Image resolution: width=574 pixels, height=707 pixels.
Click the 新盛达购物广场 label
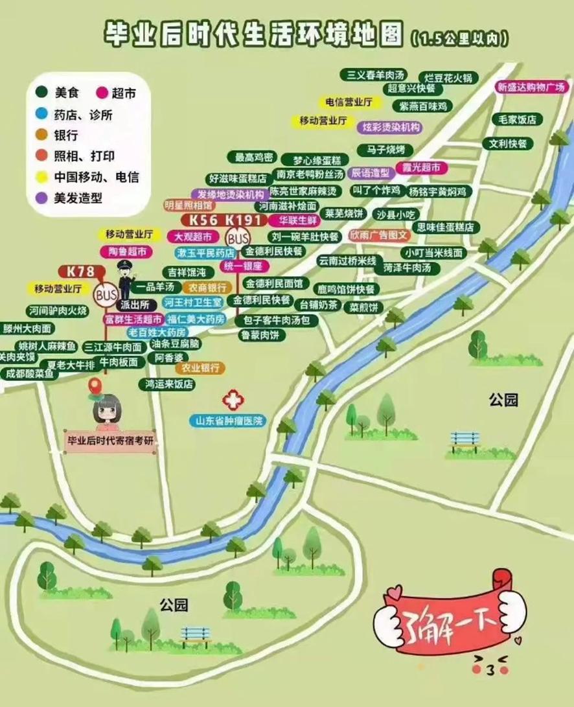point(531,87)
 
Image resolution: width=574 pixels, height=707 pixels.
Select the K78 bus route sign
point(76,271)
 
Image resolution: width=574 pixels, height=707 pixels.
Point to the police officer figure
point(124,278)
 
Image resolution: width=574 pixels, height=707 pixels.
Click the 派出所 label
point(135,303)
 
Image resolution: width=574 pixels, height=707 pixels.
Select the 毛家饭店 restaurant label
point(517,119)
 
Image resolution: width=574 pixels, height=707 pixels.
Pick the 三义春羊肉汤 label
point(376,75)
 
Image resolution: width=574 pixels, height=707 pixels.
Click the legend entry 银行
point(66,135)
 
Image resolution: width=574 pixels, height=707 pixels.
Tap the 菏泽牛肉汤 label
point(411,268)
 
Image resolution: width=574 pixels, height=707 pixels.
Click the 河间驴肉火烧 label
point(58,311)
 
